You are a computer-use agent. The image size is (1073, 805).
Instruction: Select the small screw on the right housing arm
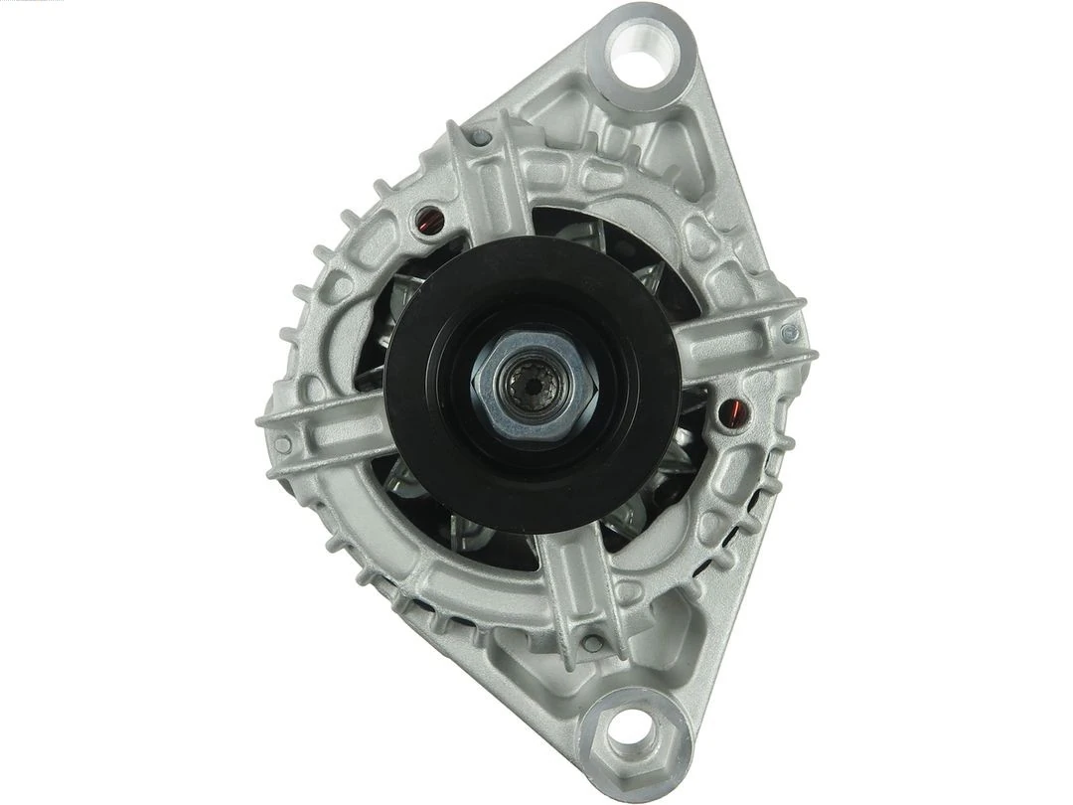tap(789, 334)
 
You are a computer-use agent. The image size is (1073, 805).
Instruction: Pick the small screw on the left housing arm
tap(283, 444)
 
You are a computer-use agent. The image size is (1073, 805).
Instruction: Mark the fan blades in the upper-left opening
tap(397, 298)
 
